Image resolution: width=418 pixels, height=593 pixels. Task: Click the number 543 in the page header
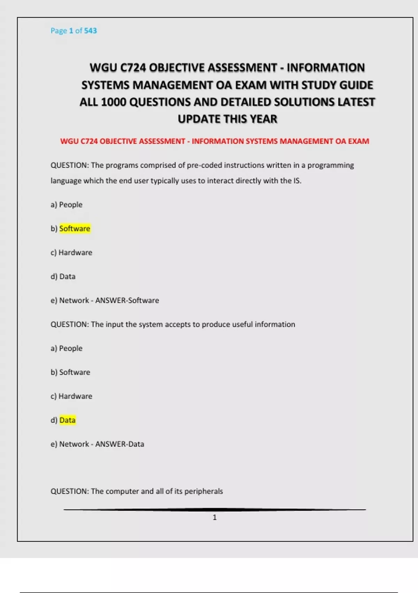pos(90,31)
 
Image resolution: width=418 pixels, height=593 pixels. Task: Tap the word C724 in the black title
pos(133,68)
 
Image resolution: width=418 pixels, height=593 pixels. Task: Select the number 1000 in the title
pos(113,102)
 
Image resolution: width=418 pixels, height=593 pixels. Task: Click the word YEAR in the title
pos(263,119)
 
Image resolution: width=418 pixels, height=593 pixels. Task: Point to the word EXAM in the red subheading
pos(358,141)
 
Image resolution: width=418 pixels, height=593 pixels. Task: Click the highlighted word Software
pos(75,229)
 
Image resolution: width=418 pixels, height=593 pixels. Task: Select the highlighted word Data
pos(67,420)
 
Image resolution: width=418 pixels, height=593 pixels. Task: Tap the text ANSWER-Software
pos(127,301)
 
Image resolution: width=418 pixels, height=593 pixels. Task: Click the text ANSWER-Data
pos(119,444)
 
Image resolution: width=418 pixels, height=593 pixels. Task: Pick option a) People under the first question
pos(67,205)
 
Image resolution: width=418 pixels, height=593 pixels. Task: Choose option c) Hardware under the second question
pos(71,396)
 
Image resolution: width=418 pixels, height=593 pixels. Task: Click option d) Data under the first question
pos(63,277)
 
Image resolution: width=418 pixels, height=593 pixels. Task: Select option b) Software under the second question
pos(70,373)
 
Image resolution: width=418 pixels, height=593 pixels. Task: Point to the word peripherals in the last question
pos(203,491)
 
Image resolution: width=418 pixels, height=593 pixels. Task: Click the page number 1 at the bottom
pos(215,518)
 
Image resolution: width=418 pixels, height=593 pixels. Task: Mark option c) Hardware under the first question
pos(71,253)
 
